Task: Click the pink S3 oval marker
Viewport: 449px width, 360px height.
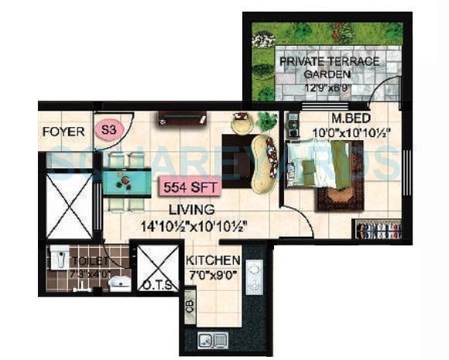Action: coord(108,129)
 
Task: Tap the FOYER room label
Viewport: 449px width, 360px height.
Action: coord(64,131)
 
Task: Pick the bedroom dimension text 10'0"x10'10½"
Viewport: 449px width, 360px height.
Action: coord(350,132)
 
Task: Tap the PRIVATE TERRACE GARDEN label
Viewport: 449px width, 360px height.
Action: coord(330,67)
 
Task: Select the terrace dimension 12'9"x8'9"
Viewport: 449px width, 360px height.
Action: coord(329,87)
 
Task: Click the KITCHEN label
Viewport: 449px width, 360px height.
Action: coord(213,260)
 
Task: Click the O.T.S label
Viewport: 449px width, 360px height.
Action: coord(154,285)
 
